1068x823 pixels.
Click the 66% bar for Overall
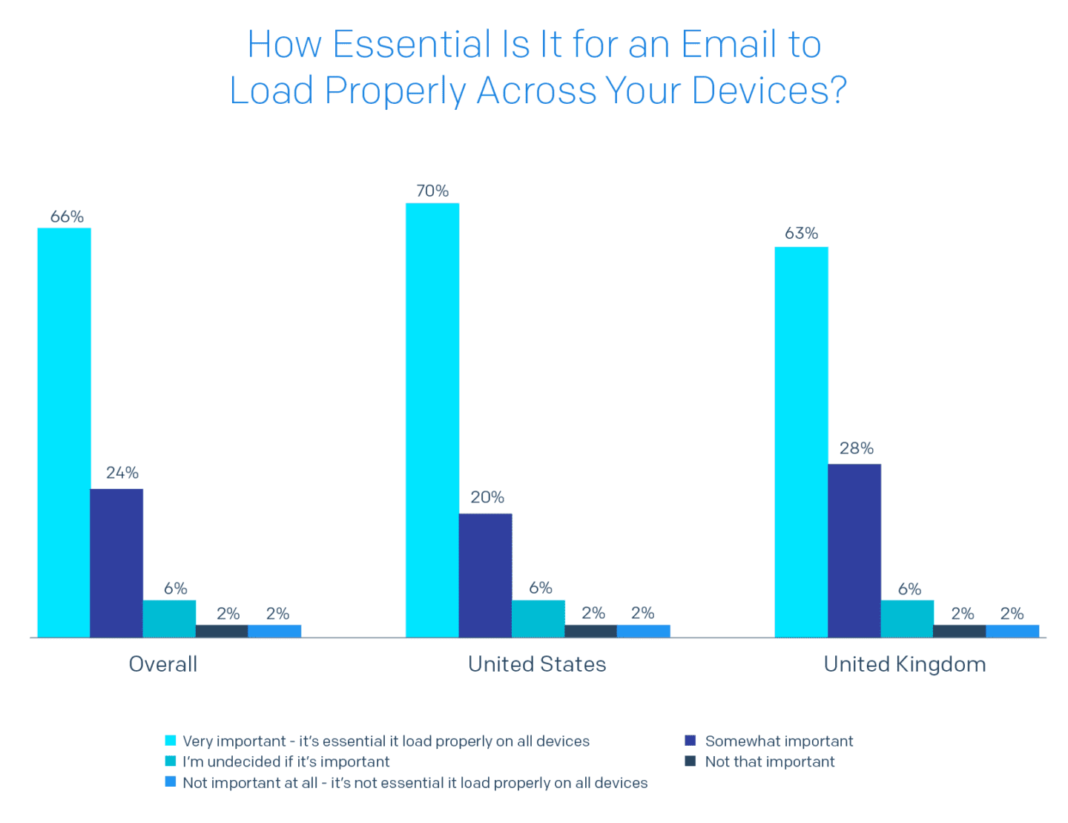[64, 432]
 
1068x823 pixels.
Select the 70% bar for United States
[432, 420]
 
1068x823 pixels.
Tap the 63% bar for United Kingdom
[801, 442]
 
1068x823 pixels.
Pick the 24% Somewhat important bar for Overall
[117, 563]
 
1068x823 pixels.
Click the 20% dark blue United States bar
[486, 575]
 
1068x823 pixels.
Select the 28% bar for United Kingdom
[854, 550]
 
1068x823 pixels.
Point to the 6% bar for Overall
[170, 618]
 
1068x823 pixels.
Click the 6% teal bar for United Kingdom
[907, 618]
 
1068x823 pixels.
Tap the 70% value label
[432, 191]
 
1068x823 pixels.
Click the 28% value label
[856, 448]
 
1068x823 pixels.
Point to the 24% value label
[122, 473]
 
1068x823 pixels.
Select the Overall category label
[163, 663]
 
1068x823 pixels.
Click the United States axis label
[537, 663]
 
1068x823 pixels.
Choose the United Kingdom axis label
[905, 663]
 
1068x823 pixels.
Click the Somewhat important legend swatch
[690, 741]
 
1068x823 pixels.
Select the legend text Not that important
[770, 761]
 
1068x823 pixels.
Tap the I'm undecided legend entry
[286, 761]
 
